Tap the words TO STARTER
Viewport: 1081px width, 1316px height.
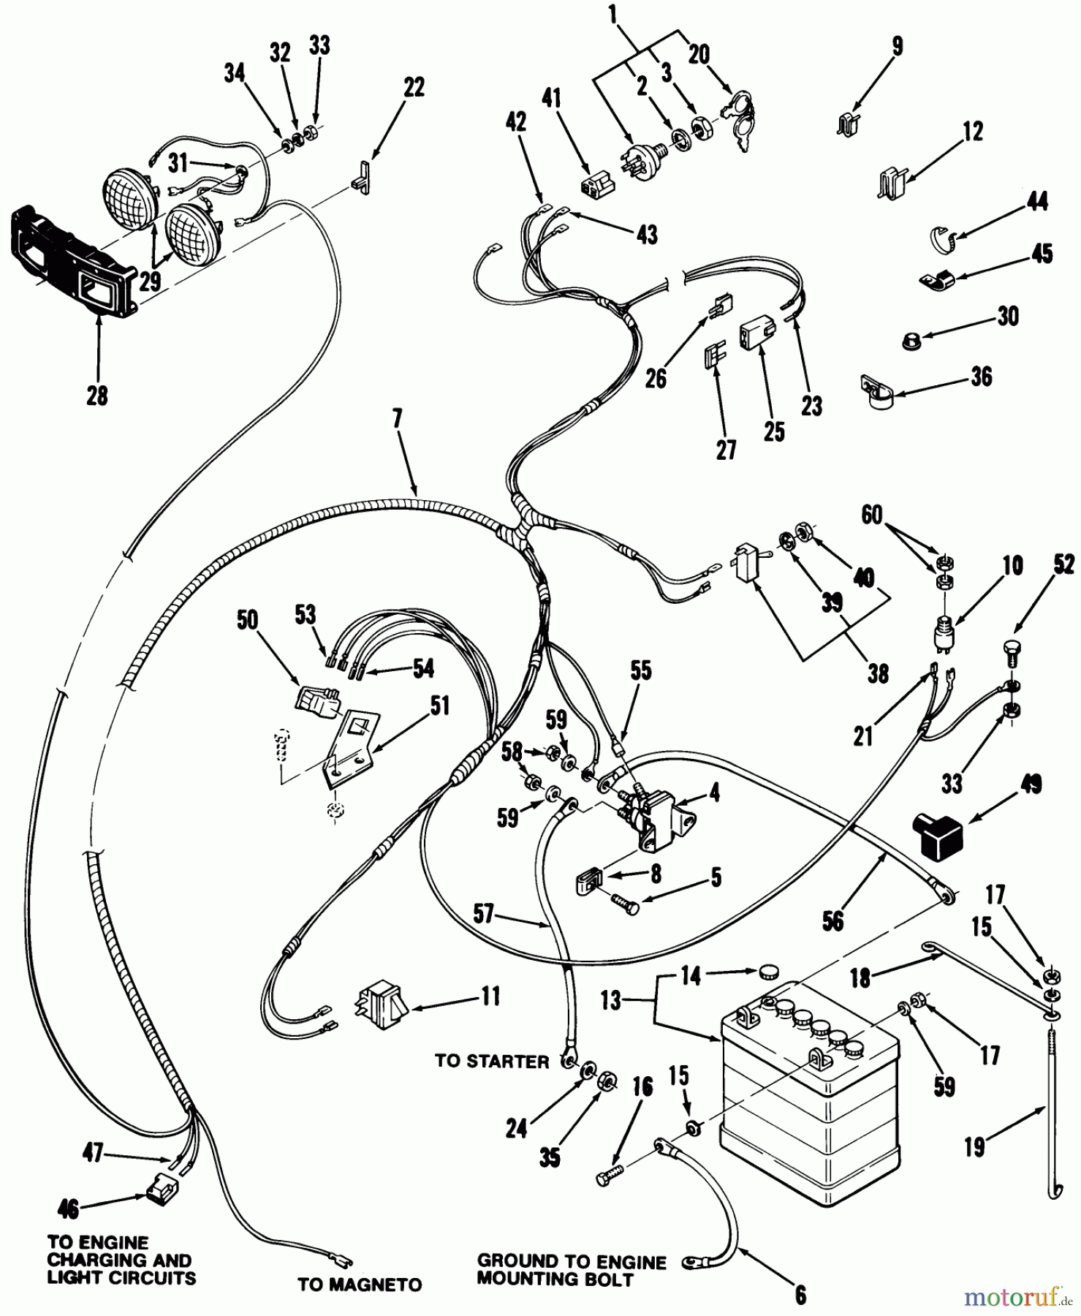point(492,1062)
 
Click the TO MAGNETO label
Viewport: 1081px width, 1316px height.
point(360,1285)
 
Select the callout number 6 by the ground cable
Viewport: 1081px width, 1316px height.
point(801,1295)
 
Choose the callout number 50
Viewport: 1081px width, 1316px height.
point(248,620)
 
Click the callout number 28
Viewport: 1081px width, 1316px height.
point(96,396)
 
